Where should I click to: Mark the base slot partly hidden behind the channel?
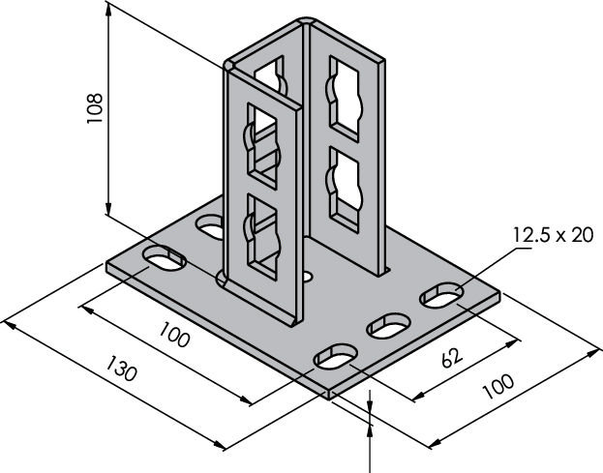coord(210,226)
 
